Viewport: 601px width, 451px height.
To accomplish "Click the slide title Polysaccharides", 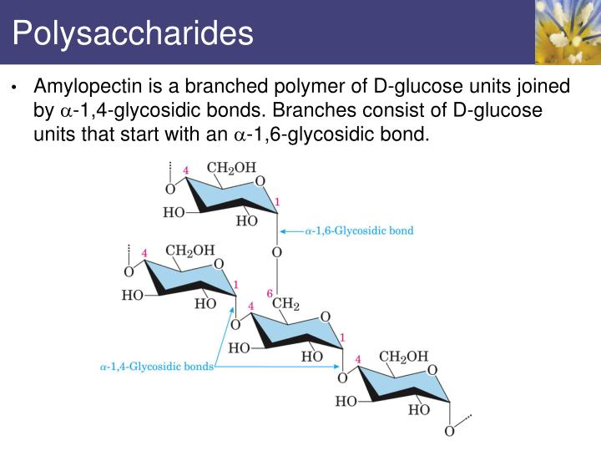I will (133, 33).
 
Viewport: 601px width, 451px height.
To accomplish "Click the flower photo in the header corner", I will (568, 32).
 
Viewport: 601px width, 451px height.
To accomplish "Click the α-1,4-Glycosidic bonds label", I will (156, 366).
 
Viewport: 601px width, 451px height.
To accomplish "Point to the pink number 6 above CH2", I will (270, 293).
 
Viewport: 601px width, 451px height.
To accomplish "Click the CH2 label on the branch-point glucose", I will (285, 304).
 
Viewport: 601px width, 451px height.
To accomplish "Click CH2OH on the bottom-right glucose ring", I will (403, 357).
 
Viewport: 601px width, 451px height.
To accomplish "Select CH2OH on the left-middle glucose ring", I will (189, 250).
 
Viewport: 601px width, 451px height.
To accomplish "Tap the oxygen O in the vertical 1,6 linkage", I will (277, 252).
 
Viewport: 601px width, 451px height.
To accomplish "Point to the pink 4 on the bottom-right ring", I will (360, 360).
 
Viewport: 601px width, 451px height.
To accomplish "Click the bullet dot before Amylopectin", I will (14, 88).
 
